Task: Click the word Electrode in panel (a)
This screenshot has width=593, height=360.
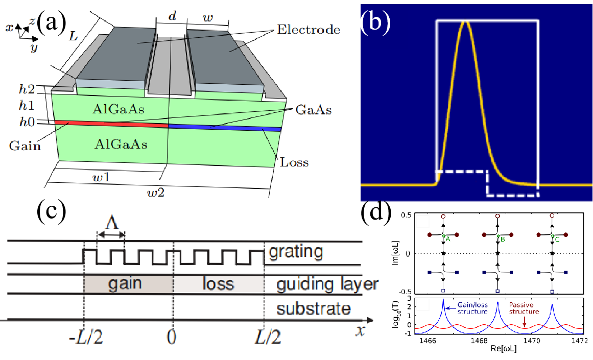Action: (x=308, y=30)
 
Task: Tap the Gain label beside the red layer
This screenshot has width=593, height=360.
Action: (x=25, y=146)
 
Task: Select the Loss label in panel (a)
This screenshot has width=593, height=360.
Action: (x=294, y=162)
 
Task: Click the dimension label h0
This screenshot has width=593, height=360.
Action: (x=27, y=122)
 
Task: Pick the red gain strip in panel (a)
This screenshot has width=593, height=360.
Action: (x=111, y=124)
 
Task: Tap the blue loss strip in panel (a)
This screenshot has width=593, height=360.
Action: (x=225, y=128)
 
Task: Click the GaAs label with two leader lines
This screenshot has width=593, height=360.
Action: (x=313, y=110)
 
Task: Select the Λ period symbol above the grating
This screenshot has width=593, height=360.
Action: (x=112, y=222)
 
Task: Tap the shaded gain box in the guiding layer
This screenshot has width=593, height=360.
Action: (x=128, y=283)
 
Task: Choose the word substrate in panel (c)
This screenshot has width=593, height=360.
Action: (x=314, y=308)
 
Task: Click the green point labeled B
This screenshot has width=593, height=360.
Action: (x=497, y=236)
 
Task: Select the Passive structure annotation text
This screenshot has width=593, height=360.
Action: (x=524, y=308)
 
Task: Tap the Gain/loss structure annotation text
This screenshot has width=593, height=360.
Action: (x=473, y=308)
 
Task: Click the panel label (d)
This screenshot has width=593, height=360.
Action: (x=376, y=213)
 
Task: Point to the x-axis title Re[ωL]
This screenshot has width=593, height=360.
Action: (x=504, y=348)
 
